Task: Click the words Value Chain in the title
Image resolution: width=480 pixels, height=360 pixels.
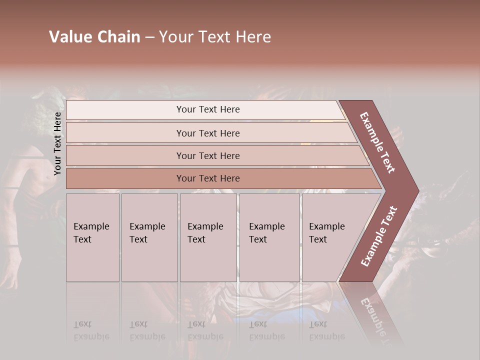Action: point(94,37)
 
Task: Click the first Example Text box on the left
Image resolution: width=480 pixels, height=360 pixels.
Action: point(92,237)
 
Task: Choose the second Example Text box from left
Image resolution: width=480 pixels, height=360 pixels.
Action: point(149,237)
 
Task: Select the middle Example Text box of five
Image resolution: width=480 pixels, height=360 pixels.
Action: point(208,237)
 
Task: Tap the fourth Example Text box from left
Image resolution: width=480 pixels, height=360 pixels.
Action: point(269,237)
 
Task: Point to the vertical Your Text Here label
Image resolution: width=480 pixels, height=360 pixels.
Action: point(57,143)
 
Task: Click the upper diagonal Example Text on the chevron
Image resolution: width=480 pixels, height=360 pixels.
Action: point(377,142)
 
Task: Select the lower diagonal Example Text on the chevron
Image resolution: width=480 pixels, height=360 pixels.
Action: point(379,236)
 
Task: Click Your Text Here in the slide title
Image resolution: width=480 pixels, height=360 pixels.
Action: point(215,37)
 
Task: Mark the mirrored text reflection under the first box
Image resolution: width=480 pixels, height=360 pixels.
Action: point(91,330)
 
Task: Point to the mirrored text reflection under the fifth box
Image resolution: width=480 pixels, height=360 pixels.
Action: point(327,330)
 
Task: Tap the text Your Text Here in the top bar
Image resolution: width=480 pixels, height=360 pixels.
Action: point(208,109)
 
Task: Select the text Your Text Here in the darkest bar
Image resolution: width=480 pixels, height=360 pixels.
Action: point(208,178)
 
